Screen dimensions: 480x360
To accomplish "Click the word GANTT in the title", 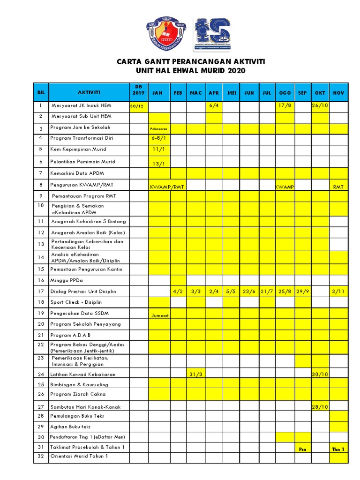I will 156,62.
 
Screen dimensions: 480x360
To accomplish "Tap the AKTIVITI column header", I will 89,92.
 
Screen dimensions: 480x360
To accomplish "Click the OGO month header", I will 285,93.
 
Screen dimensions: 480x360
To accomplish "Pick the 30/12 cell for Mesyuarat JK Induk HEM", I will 138,107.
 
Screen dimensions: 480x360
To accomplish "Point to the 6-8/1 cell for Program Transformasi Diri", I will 159,139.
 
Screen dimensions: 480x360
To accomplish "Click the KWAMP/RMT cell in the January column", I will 167,187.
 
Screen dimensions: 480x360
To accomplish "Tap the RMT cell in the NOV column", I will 338,187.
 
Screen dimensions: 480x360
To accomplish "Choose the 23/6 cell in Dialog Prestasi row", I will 249,292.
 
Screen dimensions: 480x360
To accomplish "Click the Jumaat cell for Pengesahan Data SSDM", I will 159,315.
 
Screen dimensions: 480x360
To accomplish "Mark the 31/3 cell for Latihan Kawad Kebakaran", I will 195,374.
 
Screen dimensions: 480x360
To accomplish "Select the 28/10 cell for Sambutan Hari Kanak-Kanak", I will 320,407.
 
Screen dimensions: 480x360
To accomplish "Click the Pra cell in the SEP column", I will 302,449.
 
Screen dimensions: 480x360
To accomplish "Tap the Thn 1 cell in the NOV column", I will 338,449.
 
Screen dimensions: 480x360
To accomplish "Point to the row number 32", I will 41,456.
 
